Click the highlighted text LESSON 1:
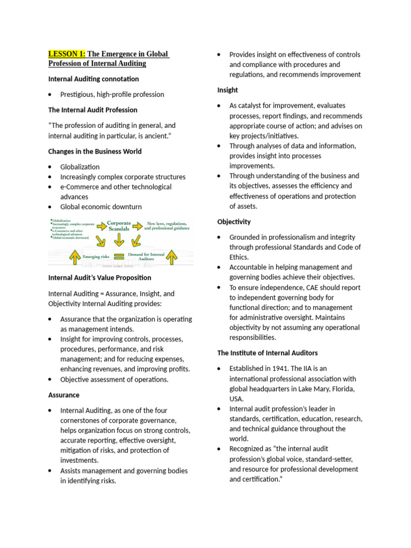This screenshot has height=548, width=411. pos(67,54)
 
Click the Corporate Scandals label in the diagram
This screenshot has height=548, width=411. pos(119,226)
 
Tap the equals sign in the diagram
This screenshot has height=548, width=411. pos(119,256)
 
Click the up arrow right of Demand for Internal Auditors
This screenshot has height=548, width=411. pos(171,257)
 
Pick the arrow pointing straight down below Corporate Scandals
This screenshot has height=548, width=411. pos(119,239)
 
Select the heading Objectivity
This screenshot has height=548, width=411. pos(234,222)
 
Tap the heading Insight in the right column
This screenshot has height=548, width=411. pos(227,90)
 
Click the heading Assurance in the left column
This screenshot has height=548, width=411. pos(64,395)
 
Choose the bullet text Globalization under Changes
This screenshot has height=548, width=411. pos(80,167)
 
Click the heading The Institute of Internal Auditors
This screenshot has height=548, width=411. pos(267,353)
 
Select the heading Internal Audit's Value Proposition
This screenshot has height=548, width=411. pos(100,278)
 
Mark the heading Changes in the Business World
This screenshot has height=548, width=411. pos(95,151)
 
